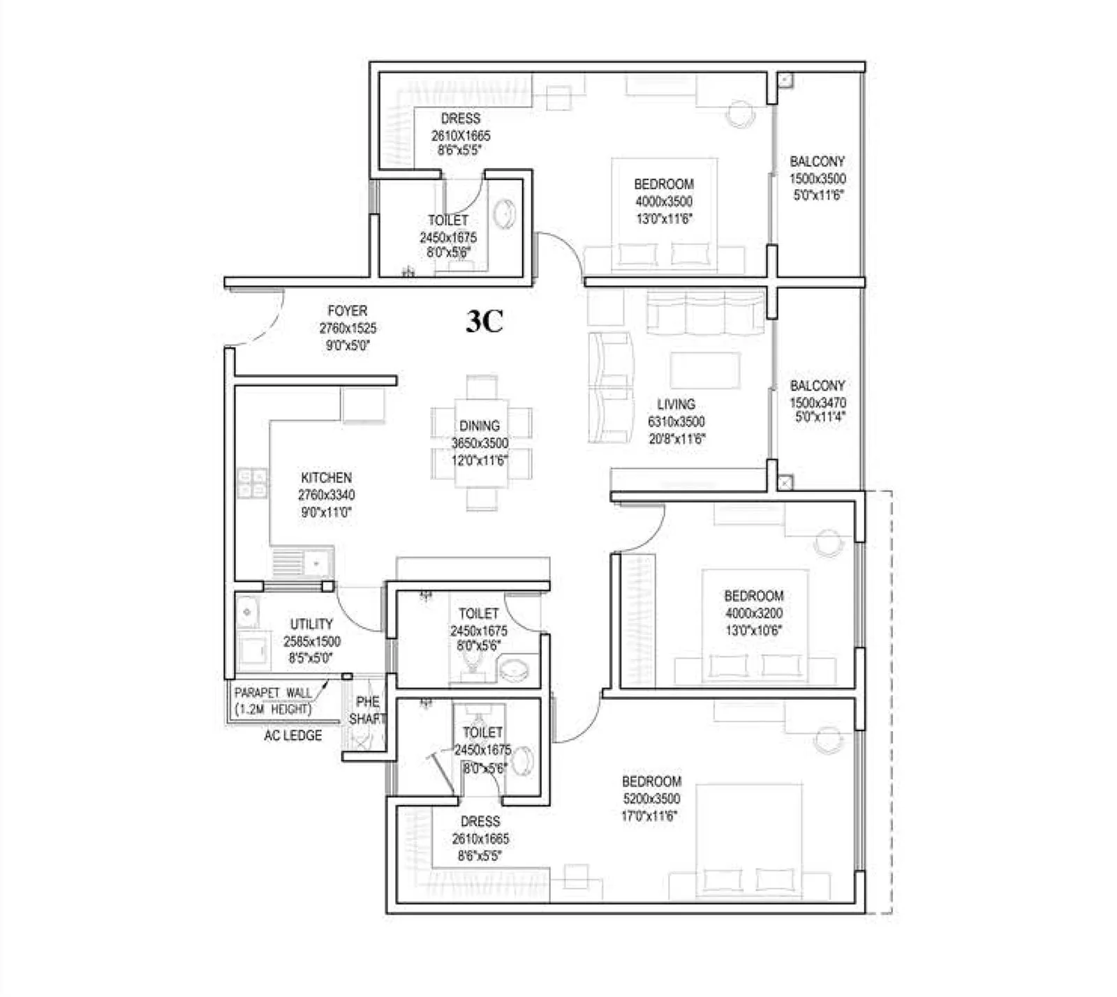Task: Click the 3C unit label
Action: [484, 322]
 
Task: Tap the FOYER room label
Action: [347, 311]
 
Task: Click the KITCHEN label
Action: [326, 478]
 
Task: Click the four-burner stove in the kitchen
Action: [252, 483]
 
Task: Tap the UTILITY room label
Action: [311, 624]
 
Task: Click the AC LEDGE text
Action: [293, 735]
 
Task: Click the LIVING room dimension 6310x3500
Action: [676, 422]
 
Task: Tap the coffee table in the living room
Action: [705, 370]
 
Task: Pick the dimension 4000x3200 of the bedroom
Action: [753, 613]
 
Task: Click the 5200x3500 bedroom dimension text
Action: [651, 799]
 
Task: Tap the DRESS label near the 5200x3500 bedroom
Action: [480, 822]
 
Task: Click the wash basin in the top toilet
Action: [503, 215]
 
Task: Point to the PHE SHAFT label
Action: [367, 710]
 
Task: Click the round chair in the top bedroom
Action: [739, 114]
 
